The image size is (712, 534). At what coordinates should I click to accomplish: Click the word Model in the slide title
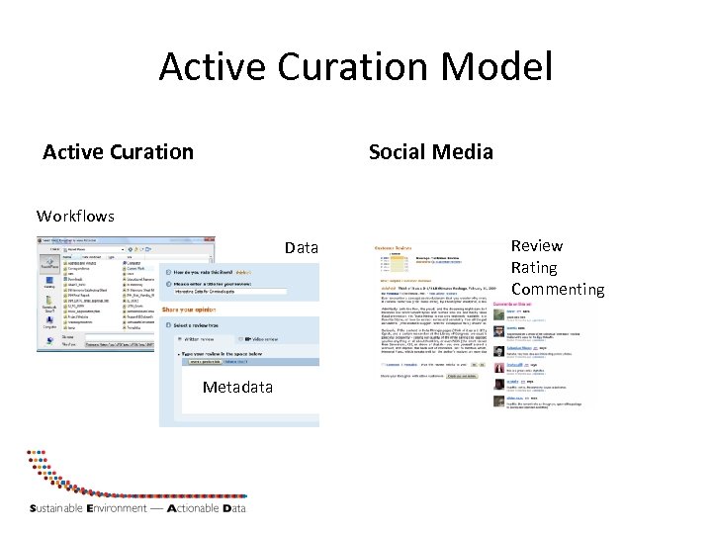click(497, 68)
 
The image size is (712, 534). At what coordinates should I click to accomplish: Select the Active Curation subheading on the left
click(118, 151)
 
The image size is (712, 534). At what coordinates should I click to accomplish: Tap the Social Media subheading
click(430, 151)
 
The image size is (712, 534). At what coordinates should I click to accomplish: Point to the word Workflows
click(75, 216)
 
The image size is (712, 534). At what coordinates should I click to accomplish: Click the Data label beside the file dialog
click(302, 247)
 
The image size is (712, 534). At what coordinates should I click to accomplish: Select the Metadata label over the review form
click(237, 387)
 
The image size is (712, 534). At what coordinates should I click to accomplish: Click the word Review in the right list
click(537, 245)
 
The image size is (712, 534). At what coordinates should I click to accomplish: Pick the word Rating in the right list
click(534, 267)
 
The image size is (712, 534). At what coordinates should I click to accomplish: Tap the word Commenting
click(557, 289)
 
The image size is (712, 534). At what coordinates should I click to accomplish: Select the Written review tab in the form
click(199, 339)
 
